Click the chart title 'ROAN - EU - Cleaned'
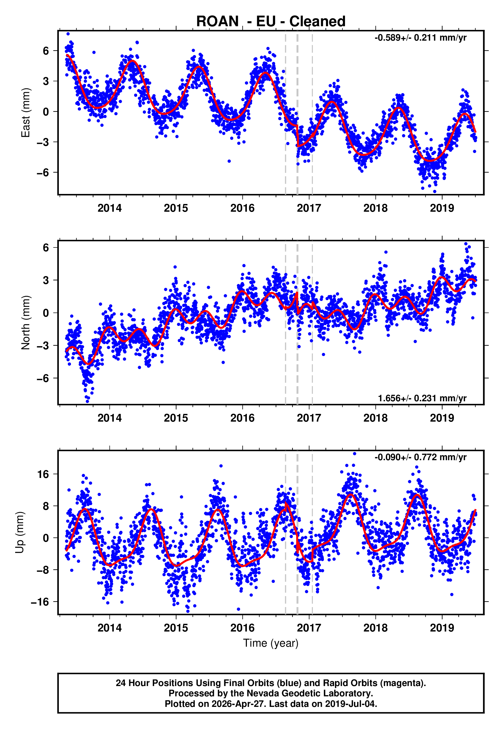(271, 22)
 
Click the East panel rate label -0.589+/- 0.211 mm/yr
(420, 38)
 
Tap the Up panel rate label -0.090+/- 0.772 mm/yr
(420, 457)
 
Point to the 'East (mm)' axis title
(25, 113)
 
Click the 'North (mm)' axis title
(25, 323)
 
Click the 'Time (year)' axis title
(271, 643)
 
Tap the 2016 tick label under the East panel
(242, 208)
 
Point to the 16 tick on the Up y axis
(43, 474)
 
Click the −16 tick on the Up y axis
(40, 602)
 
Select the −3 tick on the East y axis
(43, 142)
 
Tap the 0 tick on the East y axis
(46, 112)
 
